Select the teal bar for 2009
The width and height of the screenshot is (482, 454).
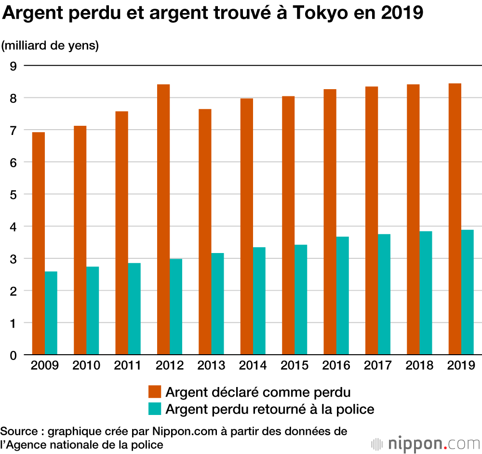pyautogui.click(x=51, y=313)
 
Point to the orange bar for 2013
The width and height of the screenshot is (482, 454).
pyautogui.click(x=205, y=232)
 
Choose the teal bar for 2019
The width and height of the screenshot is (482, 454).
pyautogui.click(x=468, y=292)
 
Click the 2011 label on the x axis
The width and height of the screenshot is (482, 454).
pyautogui.click(x=128, y=365)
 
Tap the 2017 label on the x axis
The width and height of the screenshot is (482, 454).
pyautogui.click(x=378, y=365)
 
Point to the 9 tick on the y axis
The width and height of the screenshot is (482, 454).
pyautogui.click(x=13, y=66)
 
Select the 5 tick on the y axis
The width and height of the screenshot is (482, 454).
pyautogui.click(x=13, y=195)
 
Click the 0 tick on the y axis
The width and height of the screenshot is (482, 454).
pyautogui.click(x=13, y=355)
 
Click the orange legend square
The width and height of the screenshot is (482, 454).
pyautogui.click(x=154, y=391)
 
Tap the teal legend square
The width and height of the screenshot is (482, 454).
pyautogui.click(x=154, y=409)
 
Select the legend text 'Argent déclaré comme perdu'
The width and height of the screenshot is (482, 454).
pyautogui.click(x=258, y=391)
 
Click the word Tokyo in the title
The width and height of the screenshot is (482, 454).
pyautogui.click(x=329, y=13)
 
